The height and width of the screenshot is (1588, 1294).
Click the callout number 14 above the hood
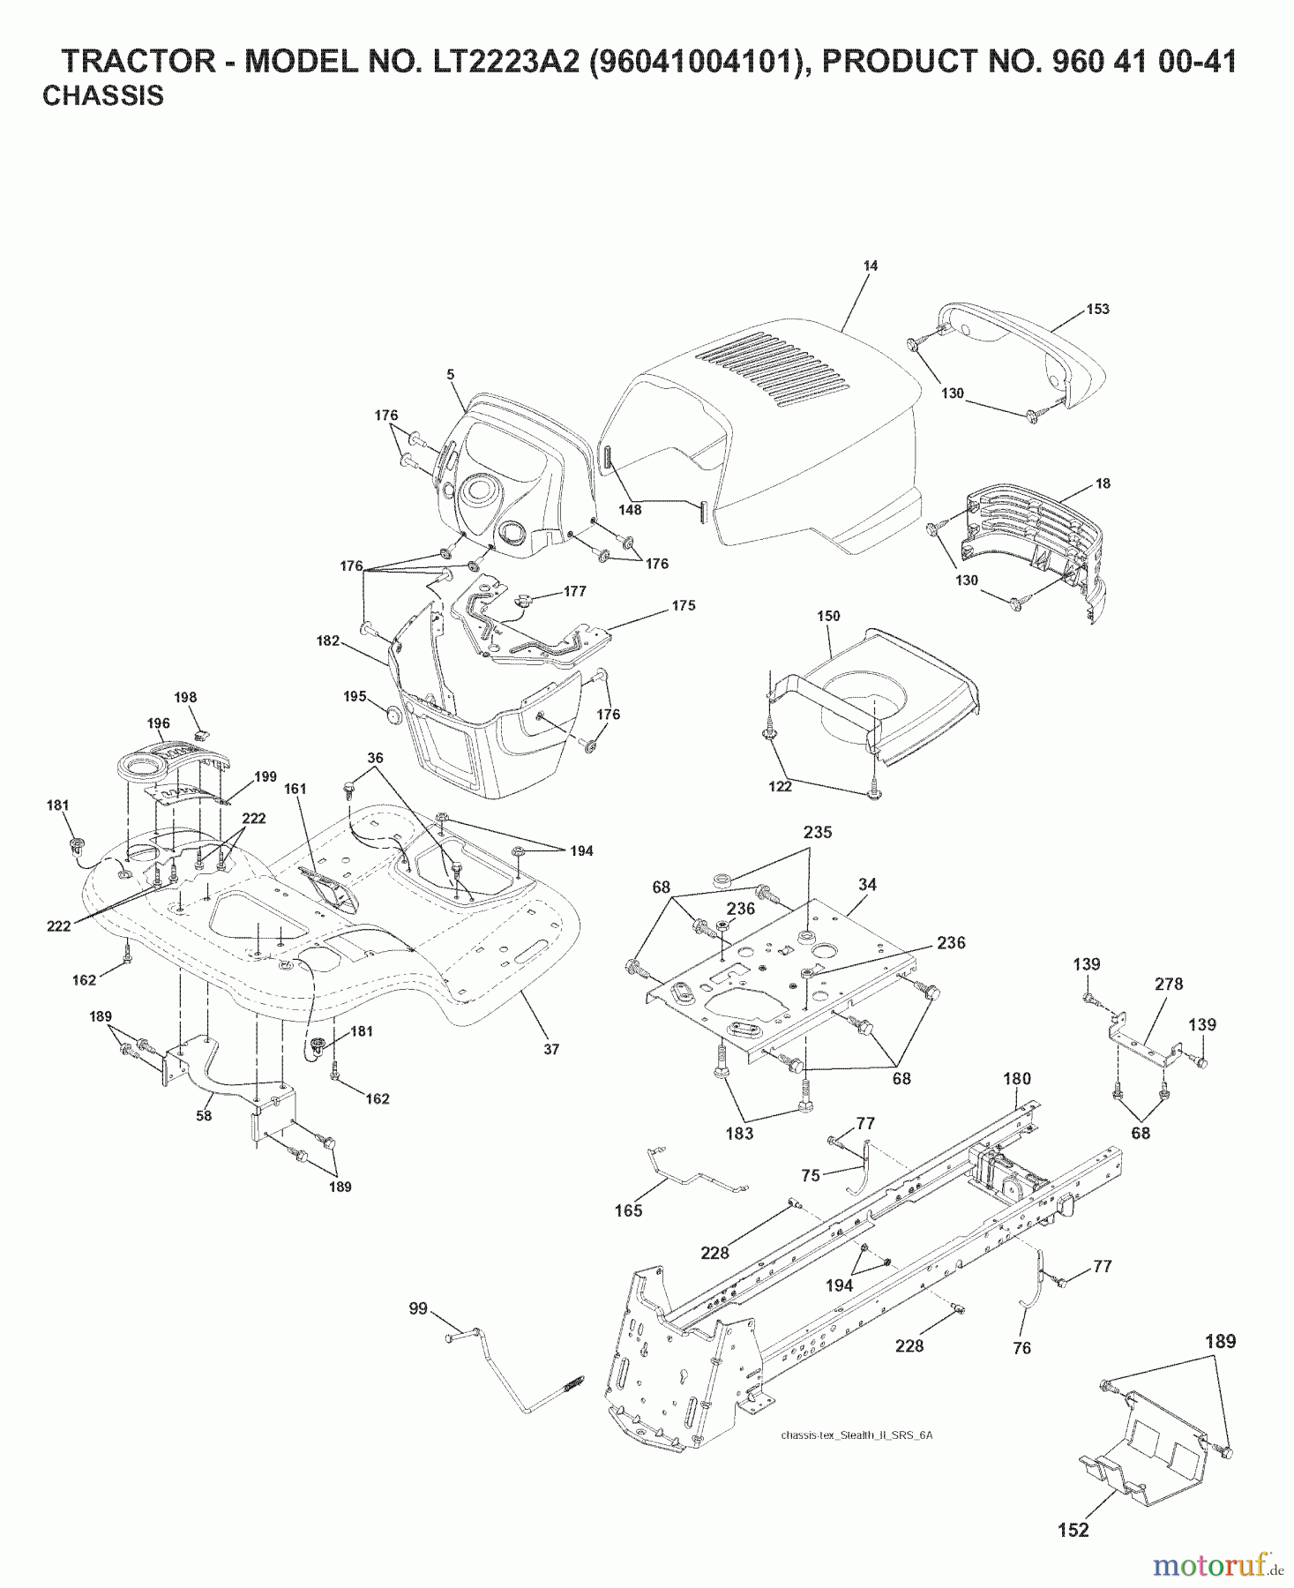coord(870,266)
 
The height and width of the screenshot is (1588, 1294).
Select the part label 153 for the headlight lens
coord(1097,310)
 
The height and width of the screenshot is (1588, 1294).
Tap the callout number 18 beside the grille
coord(1103,483)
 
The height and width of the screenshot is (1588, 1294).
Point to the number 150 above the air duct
coord(828,616)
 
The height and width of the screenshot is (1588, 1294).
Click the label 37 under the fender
coord(551,1050)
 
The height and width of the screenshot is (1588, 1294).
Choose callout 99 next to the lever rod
coord(418,1308)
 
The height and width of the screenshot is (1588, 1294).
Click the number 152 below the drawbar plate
coord(1073,1531)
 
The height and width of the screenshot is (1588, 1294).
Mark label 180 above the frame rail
coord(1017,1078)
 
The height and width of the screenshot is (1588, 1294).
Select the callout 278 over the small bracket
coord(1169,984)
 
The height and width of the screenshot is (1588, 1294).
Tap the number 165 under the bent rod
coord(628,1211)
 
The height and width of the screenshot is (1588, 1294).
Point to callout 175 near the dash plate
coord(683,605)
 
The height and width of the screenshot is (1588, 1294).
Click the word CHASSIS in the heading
coord(103,96)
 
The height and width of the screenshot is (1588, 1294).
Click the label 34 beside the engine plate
coord(867,884)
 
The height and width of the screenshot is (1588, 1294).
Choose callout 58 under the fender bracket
coord(204,1116)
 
